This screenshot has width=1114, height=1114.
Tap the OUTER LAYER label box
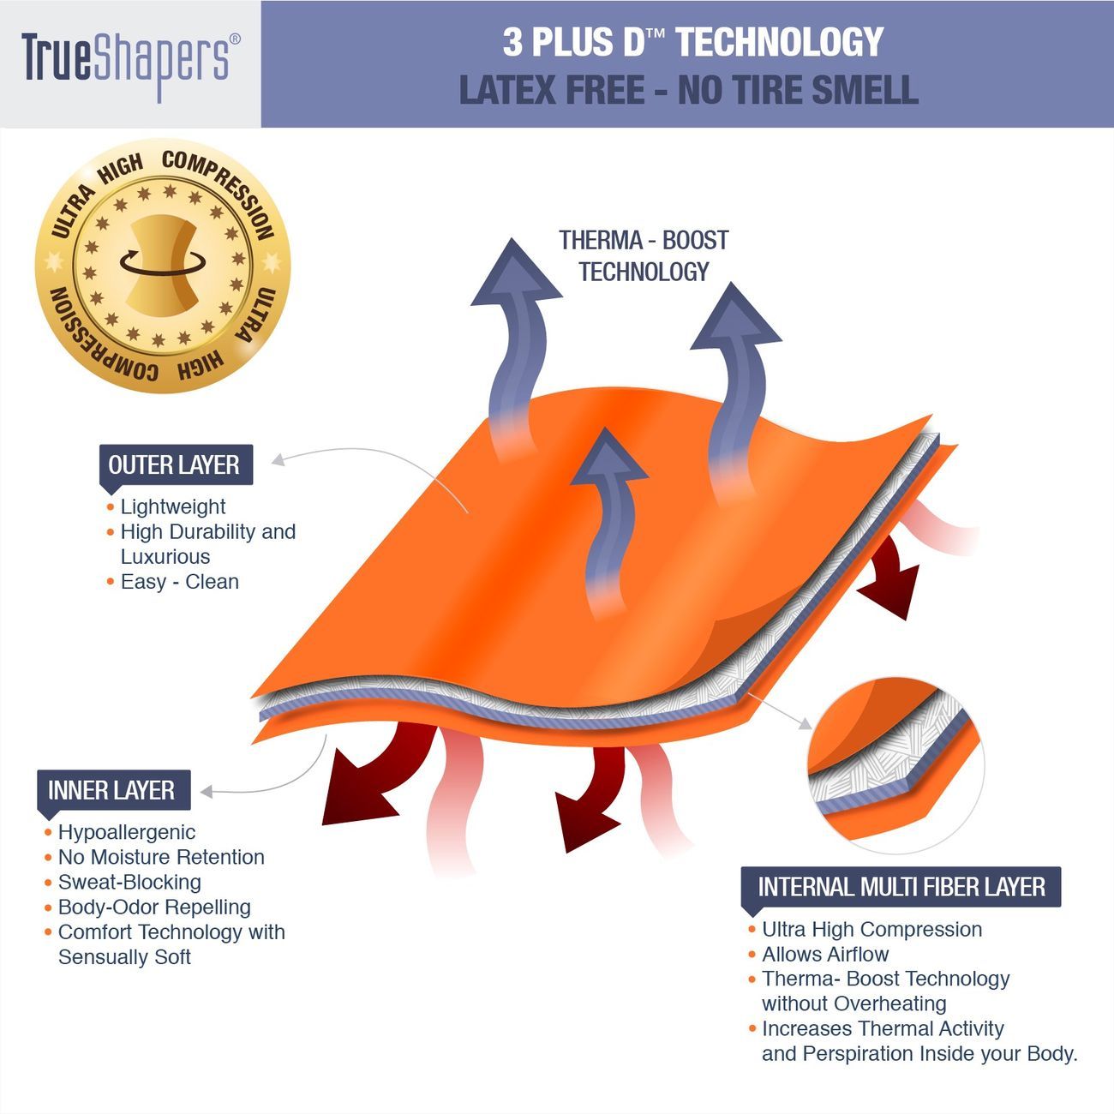(176, 464)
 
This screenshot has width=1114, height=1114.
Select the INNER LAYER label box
(114, 790)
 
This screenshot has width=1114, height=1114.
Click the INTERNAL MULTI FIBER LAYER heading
(901, 887)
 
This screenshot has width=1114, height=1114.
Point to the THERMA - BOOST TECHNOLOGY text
(644, 256)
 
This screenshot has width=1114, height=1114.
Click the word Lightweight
(173, 506)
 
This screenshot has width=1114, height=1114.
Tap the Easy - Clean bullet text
(180, 581)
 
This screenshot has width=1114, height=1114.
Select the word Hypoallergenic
(127, 832)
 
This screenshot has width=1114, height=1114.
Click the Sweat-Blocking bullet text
(129, 882)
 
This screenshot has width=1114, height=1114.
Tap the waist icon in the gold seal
(163, 266)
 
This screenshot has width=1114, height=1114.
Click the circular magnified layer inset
(895, 765)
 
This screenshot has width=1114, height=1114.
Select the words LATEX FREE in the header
(552, 90)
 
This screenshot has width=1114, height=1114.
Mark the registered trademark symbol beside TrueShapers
(235, 39)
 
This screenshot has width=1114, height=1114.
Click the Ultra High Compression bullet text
(871, 929)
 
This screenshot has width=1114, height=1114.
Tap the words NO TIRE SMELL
(799, 90)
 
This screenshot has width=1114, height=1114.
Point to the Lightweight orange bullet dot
(111, 507)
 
